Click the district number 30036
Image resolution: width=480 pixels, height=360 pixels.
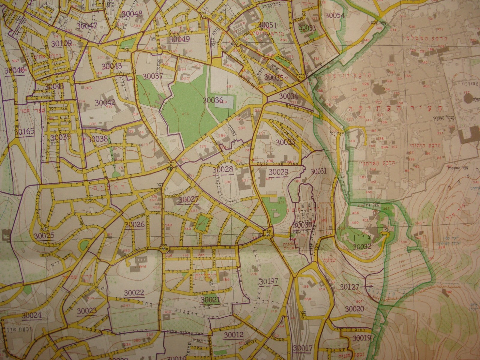(x=213, y=100)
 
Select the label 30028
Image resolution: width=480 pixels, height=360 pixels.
(x=223, y=170)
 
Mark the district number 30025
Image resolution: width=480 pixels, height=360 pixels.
(x=44, y=235)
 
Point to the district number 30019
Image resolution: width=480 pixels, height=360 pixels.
(x=362, y=338)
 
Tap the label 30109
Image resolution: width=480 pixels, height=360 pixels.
(x=61, y=43)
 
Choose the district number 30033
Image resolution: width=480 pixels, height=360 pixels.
(x=285, y=142)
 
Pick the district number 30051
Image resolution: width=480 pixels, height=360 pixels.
(x=267, y=25)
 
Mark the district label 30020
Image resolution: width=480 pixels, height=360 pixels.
(x=354, y=309)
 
